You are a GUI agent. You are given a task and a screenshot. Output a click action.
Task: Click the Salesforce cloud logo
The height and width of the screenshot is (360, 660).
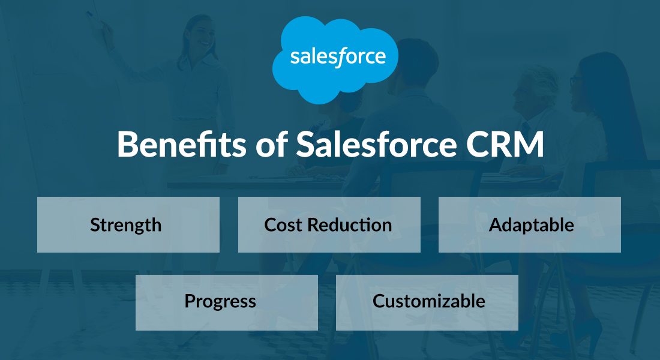335,58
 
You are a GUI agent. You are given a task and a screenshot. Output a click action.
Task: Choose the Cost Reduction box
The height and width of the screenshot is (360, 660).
329,224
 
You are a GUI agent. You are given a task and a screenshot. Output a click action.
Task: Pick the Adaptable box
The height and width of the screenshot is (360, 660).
529,224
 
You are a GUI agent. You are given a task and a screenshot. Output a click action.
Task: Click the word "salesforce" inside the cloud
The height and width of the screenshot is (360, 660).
337,57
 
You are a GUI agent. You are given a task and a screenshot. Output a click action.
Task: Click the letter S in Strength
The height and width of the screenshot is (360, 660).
95,225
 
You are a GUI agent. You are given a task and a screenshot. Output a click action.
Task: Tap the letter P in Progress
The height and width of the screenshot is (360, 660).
190,301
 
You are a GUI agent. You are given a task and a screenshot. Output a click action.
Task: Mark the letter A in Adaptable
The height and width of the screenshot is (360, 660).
496,225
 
